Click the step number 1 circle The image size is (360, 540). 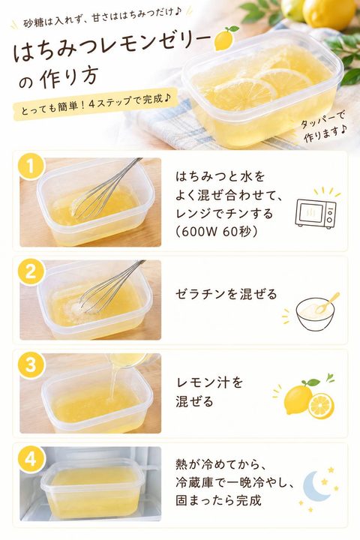pos(30,167)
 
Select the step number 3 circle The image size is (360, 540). pos(30,364)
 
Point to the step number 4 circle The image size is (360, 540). pos(30,459)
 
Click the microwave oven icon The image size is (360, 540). pos(316,214)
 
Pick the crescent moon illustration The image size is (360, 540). pos(315,486)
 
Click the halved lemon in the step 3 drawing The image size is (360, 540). pos(321,406)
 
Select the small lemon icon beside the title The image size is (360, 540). pos(225,38)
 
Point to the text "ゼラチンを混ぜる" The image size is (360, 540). pos(226,295)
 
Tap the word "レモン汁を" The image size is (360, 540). pos(209,382)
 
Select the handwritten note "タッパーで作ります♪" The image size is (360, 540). pos(325,127)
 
